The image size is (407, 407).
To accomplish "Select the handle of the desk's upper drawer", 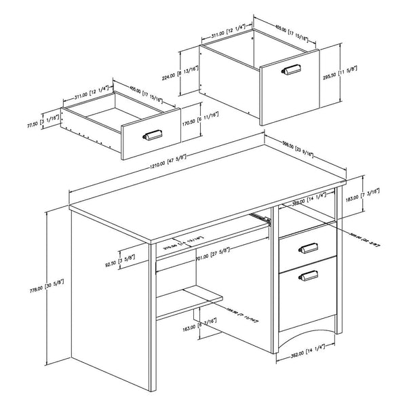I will [309, 248].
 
